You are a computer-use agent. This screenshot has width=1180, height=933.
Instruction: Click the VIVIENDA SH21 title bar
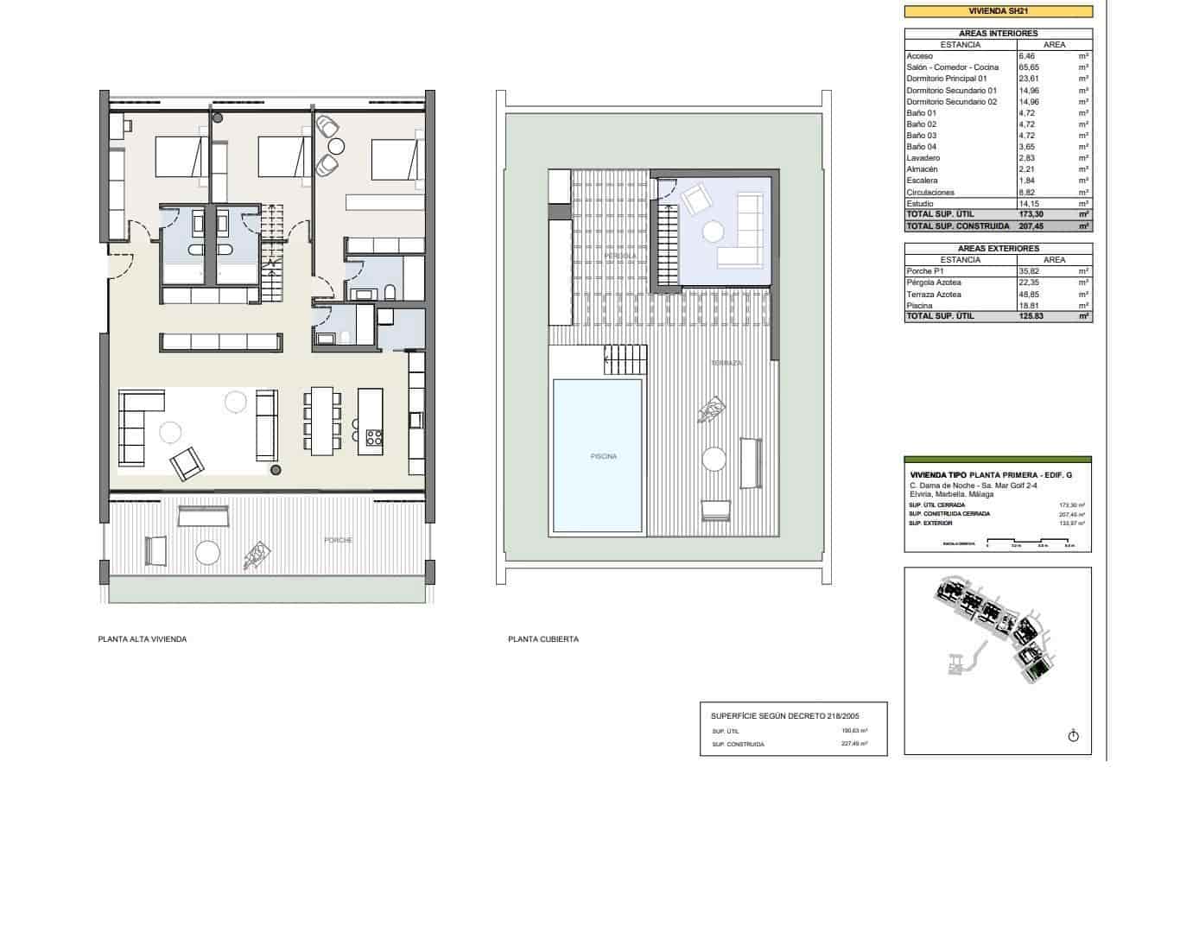998,11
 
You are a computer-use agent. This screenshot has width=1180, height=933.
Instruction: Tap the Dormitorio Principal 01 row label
946,79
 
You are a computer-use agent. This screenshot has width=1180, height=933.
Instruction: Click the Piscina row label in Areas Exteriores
919,306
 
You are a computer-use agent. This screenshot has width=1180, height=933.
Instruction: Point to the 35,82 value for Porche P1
1031,271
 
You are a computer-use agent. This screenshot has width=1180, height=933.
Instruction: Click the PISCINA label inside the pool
603,456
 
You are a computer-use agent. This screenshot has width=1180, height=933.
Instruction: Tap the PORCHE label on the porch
338,540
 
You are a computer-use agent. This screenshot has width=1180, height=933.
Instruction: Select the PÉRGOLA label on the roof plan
620,256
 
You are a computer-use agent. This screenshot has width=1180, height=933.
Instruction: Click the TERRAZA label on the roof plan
726,363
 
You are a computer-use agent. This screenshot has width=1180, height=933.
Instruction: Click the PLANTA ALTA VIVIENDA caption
143,639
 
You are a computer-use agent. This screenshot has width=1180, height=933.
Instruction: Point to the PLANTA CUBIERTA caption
543,639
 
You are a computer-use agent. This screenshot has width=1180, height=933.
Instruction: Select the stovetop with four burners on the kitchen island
374,436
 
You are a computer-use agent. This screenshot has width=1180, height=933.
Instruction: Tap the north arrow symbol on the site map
1074,735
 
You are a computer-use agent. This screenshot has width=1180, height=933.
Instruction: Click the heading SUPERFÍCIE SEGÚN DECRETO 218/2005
784,715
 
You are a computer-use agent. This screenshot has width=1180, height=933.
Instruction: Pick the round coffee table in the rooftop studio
714,232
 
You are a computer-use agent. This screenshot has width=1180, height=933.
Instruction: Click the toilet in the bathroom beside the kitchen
390,291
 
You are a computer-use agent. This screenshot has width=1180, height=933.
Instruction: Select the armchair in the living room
187,464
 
